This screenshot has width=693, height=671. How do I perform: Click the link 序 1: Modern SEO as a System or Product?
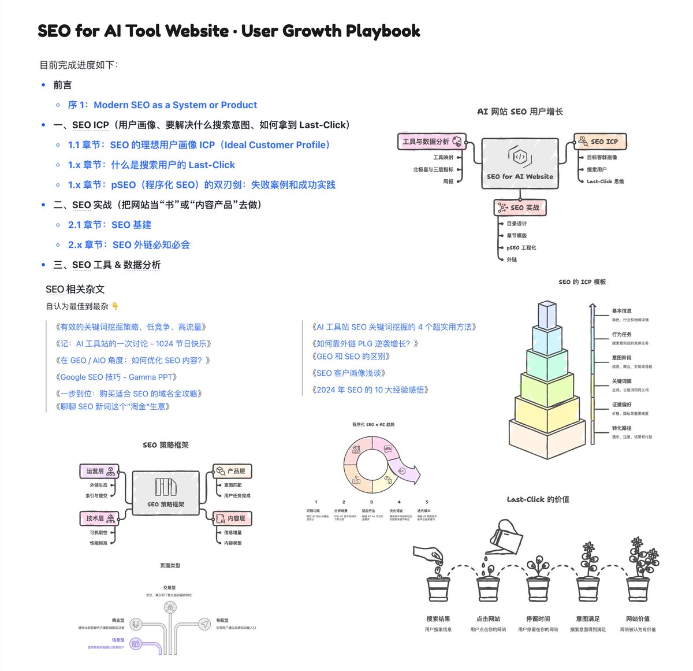162,105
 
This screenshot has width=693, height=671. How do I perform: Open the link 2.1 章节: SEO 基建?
110,225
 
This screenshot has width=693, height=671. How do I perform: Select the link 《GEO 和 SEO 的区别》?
351,357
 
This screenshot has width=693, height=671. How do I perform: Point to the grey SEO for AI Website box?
520,164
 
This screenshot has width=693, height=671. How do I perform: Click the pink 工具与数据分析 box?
431,142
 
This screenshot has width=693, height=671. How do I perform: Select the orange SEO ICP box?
600,141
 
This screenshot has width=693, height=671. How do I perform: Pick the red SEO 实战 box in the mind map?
519,207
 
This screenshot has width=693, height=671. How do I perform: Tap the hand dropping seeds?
429,555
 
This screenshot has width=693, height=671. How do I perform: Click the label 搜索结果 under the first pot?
438,619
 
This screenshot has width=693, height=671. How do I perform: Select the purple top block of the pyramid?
546,314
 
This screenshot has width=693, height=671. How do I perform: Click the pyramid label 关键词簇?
622,381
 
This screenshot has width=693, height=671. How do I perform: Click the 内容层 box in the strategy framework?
232,518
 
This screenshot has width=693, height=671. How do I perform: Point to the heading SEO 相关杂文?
75,289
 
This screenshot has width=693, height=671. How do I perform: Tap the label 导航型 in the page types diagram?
222,620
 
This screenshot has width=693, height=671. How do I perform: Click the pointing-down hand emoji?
115,306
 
